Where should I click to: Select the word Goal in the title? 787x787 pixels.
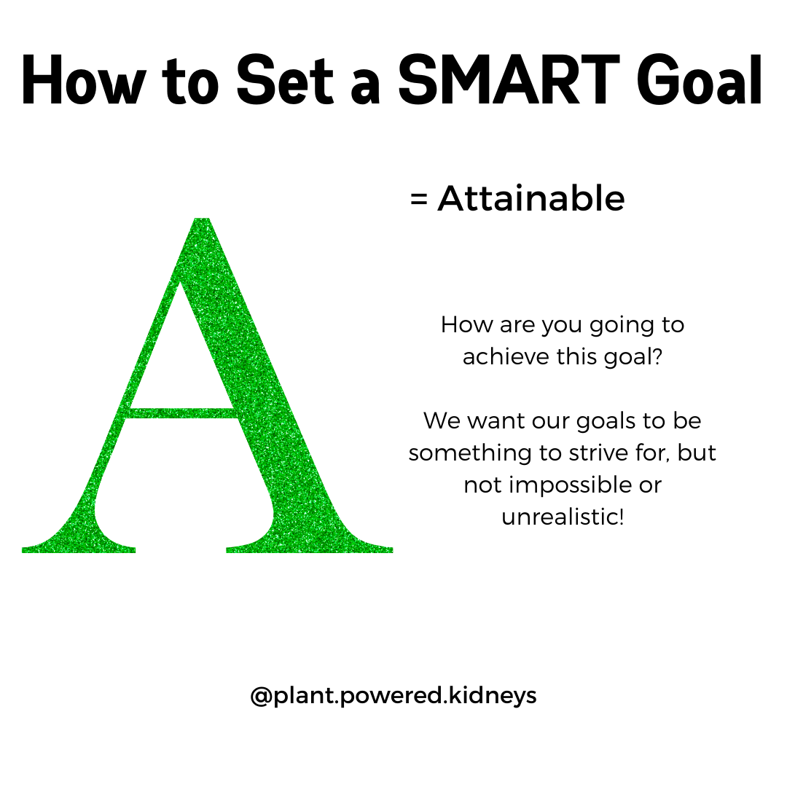[x=700, y=82]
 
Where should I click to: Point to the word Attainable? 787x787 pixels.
[x=531, y=199]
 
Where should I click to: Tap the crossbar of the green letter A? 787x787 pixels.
[x=182, y=413]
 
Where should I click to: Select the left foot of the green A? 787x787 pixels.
[x=79, y=544]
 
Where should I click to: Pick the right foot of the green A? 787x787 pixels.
[x=310, y=544]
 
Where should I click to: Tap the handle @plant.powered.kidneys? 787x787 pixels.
[x=393, y=696]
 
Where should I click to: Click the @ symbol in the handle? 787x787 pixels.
[x=262, y=696]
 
